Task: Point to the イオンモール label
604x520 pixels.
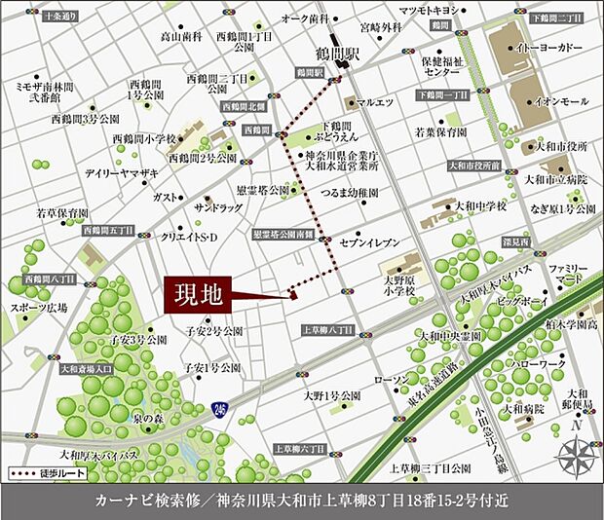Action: click(560, 101)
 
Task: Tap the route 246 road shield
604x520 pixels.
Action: click(226, 407)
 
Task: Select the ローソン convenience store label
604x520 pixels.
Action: click(392, 379)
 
